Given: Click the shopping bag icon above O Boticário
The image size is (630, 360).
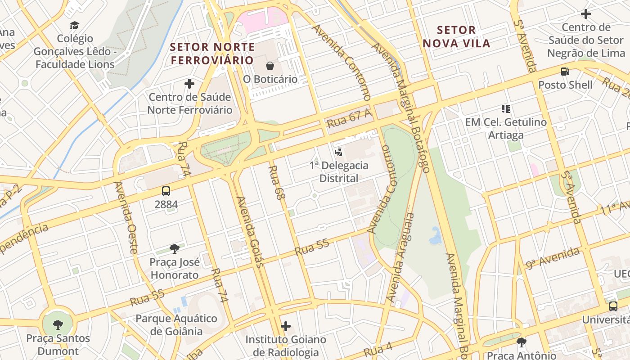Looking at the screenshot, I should pyautogui.click(x=270, y=66).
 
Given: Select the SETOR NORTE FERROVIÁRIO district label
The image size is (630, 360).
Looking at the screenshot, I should pyautogui.click(x=212, y=54).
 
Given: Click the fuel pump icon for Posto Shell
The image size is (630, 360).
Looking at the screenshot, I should pyautogui.click(x=565, y=72).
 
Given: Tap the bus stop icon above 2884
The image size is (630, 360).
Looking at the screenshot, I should pyautogui.click(x=166, y=191).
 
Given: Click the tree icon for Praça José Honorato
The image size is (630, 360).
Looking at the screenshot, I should pyautogui.click(x=175, y=248).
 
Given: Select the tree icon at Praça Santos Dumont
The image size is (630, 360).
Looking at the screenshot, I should pyautogui.click(x=58, y=324).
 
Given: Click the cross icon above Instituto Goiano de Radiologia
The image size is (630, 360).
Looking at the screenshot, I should pyautogui.click(x=286, y=326).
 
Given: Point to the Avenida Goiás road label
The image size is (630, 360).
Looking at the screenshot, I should pyautogui.click(x=249, y=232).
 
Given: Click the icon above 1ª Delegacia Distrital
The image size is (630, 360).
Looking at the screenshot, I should pyautogui.click(x=339, y=152).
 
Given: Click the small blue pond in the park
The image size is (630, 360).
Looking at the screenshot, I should pyautogui.click(x=436, y=236).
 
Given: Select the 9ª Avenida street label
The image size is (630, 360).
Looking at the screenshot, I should pyautogui.click(x=553, y=258).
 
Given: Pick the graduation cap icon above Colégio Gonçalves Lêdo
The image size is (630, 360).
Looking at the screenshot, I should pyautogui.click(x=75, y=26).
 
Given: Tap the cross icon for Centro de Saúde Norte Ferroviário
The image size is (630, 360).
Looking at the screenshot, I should pyautogui.click(x=189, y=84).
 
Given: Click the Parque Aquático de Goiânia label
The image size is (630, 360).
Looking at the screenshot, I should pyautogui.click(x=176, y=324).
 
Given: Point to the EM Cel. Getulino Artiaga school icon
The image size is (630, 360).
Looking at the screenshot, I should pyautogui.click(x=506, y=109).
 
